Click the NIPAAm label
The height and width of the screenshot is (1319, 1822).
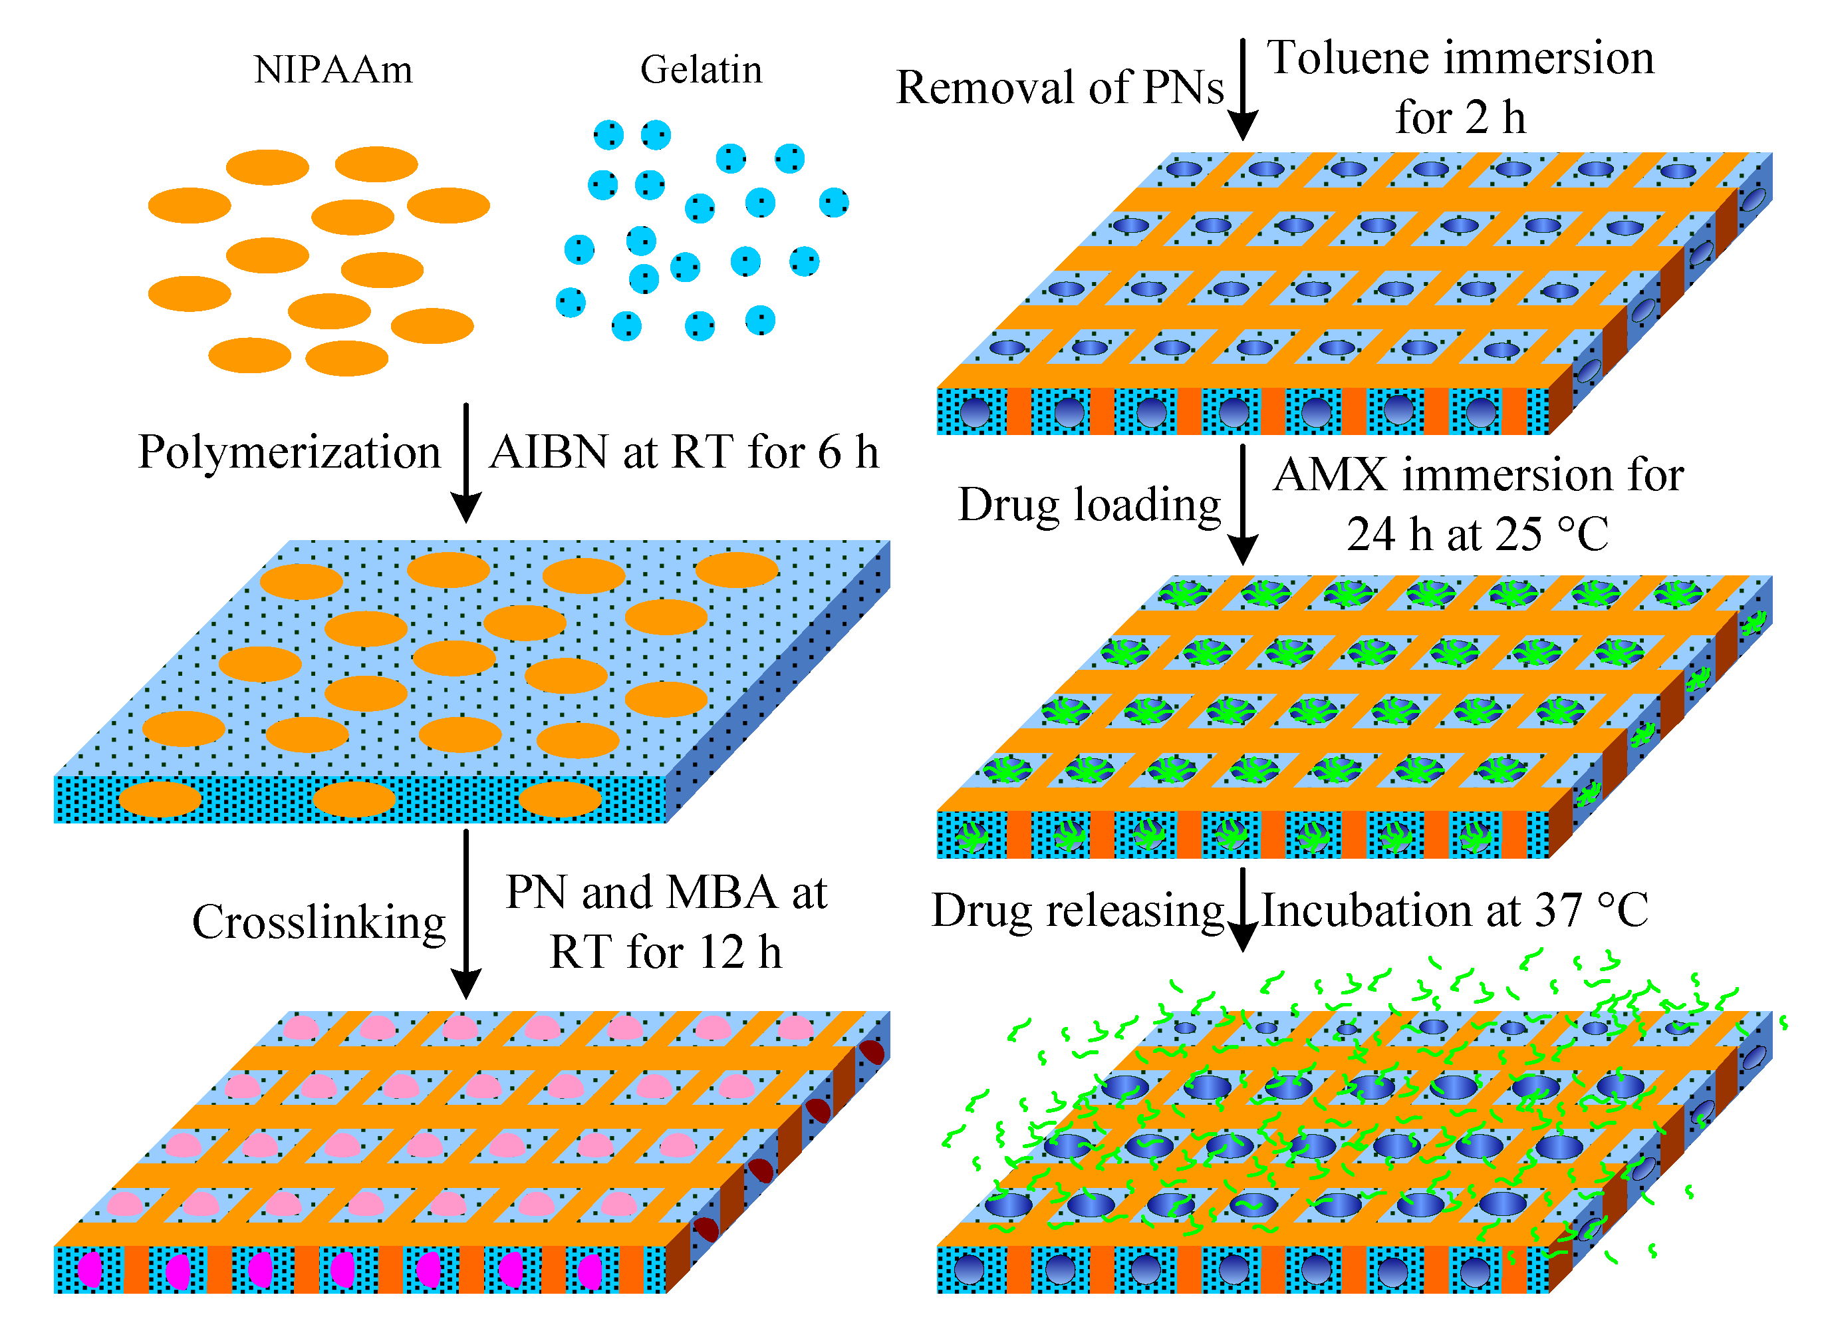[332, 71]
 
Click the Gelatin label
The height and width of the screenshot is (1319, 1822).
[700, 71]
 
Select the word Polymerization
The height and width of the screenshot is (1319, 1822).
[289, 452]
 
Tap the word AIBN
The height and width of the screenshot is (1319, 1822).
[548, 452]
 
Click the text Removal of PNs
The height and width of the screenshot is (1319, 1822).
[1060, 87]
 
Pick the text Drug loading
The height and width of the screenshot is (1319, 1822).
[1089, 505]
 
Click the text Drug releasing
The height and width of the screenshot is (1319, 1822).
[1077, 911]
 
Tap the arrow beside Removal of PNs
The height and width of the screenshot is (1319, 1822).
[1243, 88]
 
